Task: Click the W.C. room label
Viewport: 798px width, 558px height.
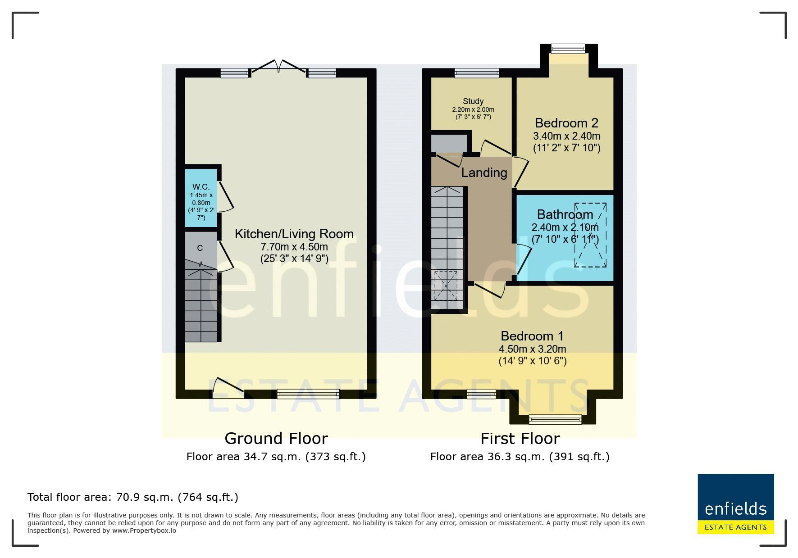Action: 201,186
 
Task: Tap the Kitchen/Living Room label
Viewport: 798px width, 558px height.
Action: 294,234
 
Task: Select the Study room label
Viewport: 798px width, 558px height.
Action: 473,101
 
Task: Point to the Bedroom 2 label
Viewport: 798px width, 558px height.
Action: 567,123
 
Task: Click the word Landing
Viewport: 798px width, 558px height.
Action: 484,172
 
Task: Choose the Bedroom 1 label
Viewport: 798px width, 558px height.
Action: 533,336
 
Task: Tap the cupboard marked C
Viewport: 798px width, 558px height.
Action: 201,248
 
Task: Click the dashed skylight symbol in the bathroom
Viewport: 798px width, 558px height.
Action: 590,235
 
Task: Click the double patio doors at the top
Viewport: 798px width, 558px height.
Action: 279,66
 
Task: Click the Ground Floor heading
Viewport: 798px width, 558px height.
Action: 276,438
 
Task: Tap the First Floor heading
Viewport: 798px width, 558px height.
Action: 520,438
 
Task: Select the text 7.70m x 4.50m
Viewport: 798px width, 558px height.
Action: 294,247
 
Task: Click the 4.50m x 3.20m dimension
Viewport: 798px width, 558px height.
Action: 533,349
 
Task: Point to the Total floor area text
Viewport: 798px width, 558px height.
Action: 133,497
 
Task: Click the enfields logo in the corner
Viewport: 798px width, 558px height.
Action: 736,504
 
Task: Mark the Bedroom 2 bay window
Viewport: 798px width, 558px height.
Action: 568,48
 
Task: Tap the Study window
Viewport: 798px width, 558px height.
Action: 477,73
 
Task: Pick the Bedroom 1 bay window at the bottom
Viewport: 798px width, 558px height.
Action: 555,420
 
